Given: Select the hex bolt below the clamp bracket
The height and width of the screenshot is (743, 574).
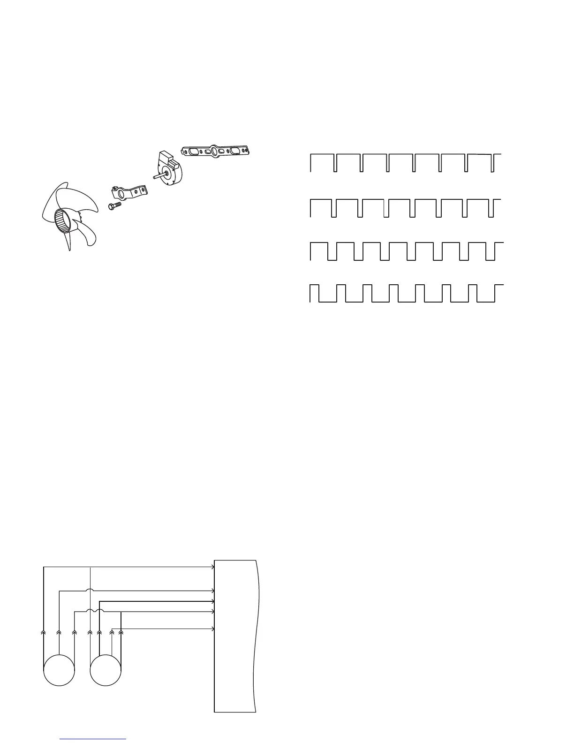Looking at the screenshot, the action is [114, 205].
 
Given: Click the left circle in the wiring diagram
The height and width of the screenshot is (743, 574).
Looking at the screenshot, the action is [59, 670].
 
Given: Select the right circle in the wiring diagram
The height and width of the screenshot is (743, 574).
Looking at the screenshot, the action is [106, 670].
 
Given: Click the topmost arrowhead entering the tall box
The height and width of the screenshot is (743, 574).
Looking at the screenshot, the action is [212, 567].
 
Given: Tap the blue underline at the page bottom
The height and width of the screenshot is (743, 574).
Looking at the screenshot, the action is [93, 739].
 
